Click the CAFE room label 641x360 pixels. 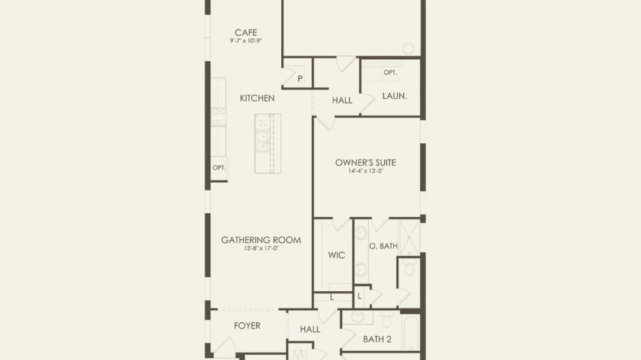pos(245,32)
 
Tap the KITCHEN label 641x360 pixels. pos(257,98)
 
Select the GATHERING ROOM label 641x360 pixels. pos(261,240)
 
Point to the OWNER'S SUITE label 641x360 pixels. pos(366,162)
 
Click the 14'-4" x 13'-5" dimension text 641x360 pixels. pos(366,171)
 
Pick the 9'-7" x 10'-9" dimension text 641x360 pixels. pos(245,41)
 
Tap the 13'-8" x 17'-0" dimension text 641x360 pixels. pos(261,248)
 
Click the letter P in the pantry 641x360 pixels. pos(300,79)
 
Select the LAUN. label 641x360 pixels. pos(394,96)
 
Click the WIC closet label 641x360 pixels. pos(337,255)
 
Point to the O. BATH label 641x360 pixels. pos(383,246)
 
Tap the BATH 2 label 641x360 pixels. pos(377,339)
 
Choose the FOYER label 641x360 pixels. pos(247,326)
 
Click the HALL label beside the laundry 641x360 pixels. pos(342,100)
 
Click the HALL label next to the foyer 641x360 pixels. pos(310,329)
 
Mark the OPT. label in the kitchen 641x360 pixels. pos(219,168)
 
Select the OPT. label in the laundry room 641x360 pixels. pos(390,72)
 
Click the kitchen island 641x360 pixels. pos(268,143)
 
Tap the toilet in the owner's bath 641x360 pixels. pos(409,268)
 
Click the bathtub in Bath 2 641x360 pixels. pos(411,331)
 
